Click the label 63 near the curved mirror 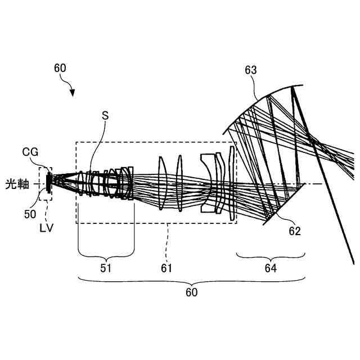click(251, 70)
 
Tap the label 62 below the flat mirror click(295, 231)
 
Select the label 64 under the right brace click(271, 269)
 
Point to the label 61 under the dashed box click(166, 269)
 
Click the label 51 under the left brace click(106, 269)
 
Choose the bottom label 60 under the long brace click(192, 292)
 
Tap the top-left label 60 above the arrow click(60, 68)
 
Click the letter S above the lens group click(105, 115)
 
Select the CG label click(30, 151)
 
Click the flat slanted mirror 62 click(284, 202)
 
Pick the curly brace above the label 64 click(271, 256)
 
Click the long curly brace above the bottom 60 click(192, 280)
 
